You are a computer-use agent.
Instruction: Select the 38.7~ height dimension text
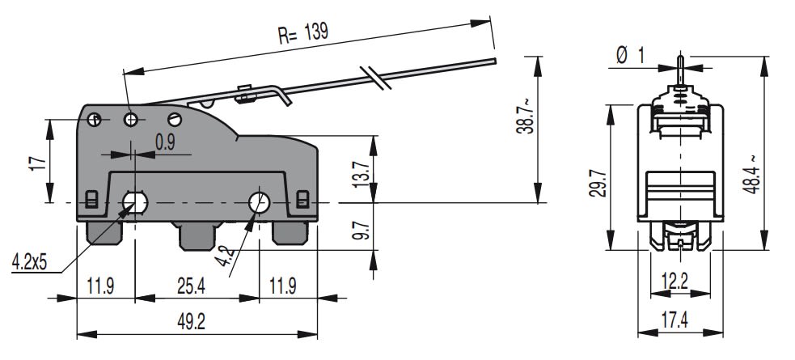point(525,116)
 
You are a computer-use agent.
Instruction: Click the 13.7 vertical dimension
point(362,173)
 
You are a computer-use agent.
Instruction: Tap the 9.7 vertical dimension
point(362,232)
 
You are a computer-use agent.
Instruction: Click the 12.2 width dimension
point(674,282)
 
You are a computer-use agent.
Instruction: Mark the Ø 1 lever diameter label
point(631,55)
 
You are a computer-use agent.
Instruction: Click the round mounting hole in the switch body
point(260,202)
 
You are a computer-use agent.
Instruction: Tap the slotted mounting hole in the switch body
point(133,201)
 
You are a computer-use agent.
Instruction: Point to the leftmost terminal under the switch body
point(104,234)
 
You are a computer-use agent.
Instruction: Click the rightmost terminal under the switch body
point(289,233)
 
